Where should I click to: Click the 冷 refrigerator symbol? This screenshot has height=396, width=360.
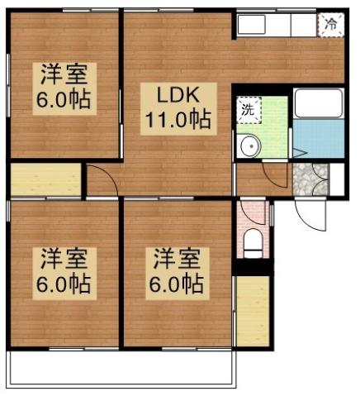tap(330, 24)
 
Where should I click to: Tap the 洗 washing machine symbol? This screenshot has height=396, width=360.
tap(248, 107)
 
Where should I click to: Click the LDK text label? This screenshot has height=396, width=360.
tap(177, 93)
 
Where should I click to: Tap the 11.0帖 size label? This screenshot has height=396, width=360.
tap(177, 118)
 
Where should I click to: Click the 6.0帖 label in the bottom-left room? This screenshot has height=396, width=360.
tap(63, 284)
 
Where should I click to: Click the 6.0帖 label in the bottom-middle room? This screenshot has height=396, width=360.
tap(176, 284)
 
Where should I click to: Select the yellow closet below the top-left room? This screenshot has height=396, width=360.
tap(46, 180)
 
